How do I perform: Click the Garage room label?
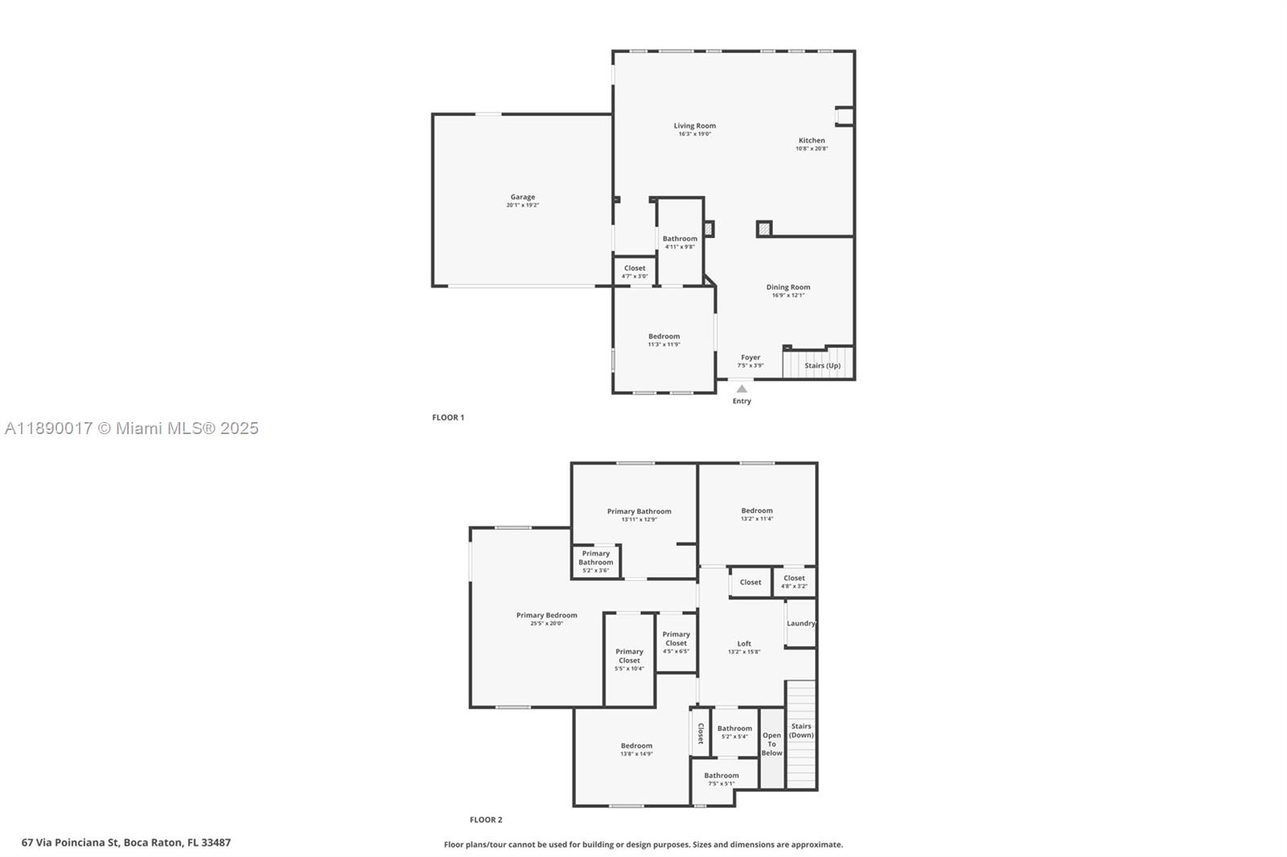click(522, 197)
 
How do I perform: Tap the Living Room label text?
click(694, 126)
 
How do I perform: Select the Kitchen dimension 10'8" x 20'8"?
click(812, 149)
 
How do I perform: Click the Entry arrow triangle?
click(742, 389)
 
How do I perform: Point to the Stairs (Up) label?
click(822, 366)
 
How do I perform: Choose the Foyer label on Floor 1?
click(750, 358)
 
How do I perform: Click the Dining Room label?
click(787, 287)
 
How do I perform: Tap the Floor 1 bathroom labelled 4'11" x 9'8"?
click(680, 242)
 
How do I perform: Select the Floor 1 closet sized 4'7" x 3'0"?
click(634, 272)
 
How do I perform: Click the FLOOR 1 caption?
click(448, 417)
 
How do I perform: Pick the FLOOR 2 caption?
click(486, 820)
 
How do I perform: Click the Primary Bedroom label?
click(546, 616)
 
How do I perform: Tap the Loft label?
click(744, 644)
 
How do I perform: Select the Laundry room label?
click(800, 624)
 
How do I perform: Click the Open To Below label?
click(771, 744)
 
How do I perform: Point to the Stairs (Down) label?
click(801, 730)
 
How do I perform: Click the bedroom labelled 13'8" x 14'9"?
click(636, 749)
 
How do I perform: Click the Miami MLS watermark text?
click(132, 428)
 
